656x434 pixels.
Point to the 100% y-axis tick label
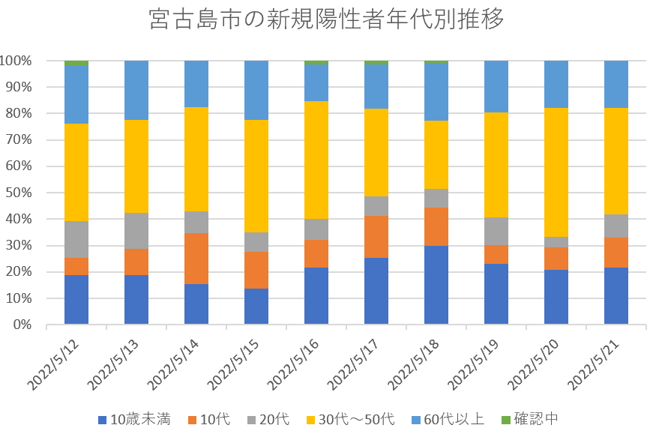pos(16,61)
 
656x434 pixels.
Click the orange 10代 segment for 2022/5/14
pos(196,259)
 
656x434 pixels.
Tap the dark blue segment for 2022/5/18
pos(436,286)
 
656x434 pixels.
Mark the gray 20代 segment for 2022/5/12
pos(76,239)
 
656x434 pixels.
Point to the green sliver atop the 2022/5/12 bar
pos(76,63)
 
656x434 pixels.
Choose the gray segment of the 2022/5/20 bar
pos(556,242)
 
